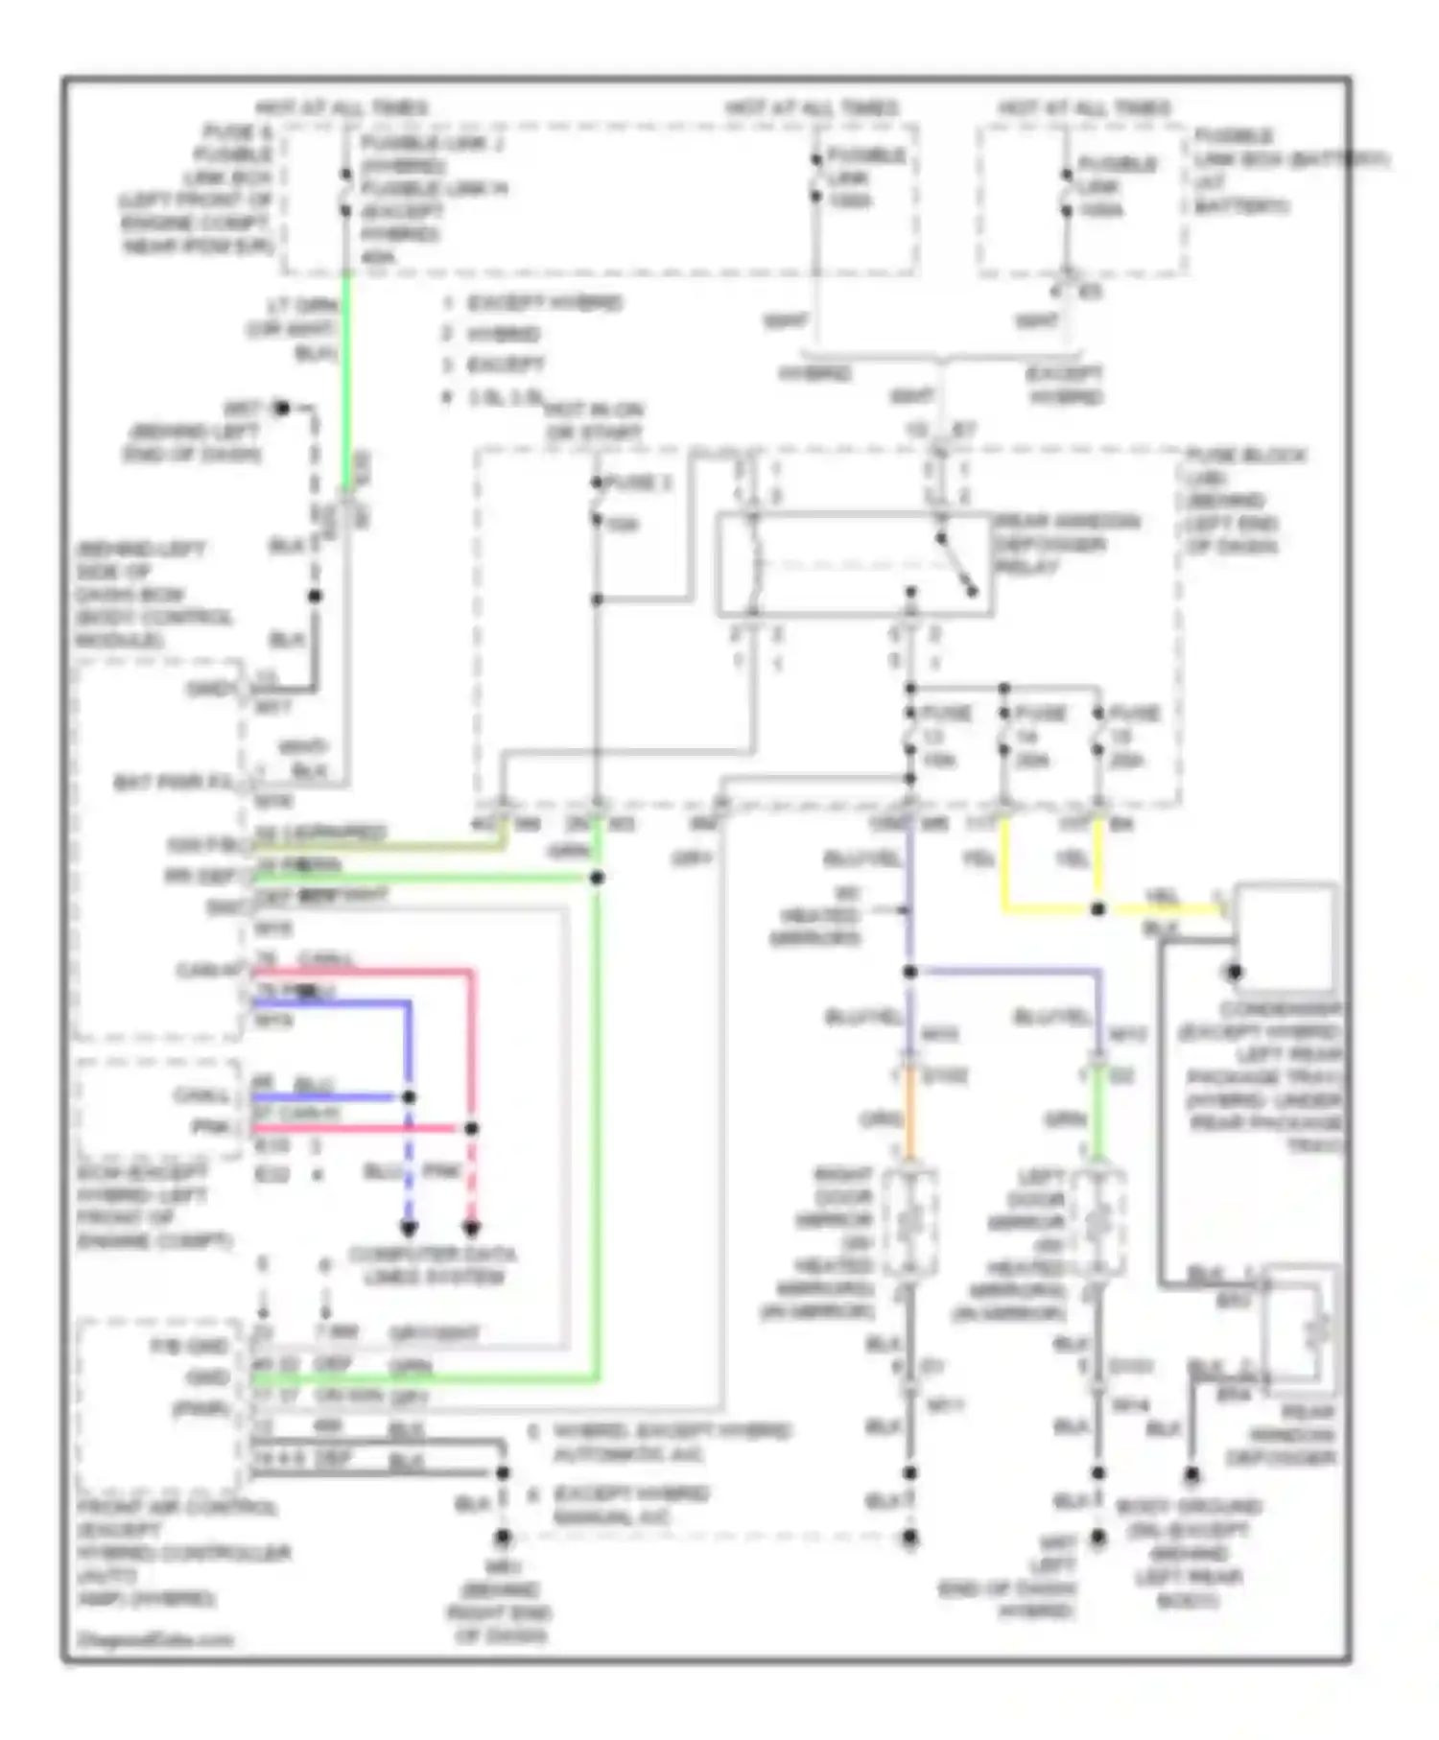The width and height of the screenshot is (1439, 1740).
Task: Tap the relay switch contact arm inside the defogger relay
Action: [x=956, y=565]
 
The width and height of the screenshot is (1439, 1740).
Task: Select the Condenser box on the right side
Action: [x=1285, y=936]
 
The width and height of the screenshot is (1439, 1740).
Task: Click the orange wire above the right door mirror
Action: [x=908, y=1118]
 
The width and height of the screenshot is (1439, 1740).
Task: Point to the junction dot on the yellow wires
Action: [x=1097, y=908]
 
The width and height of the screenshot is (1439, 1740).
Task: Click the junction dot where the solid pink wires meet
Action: [x=471, y=1128]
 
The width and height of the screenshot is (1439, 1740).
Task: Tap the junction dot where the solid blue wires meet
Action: [x=409, y=1096]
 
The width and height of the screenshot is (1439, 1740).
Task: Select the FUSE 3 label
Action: [x=637, y=482]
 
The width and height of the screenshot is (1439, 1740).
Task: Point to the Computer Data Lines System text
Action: [x=433, y=1265]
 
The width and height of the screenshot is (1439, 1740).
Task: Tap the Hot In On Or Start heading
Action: [x=594, y=421]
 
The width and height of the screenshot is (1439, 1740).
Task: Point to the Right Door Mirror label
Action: [x=835, y=1242]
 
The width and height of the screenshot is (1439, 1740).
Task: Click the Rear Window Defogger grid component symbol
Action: [x=1303, y=1329]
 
